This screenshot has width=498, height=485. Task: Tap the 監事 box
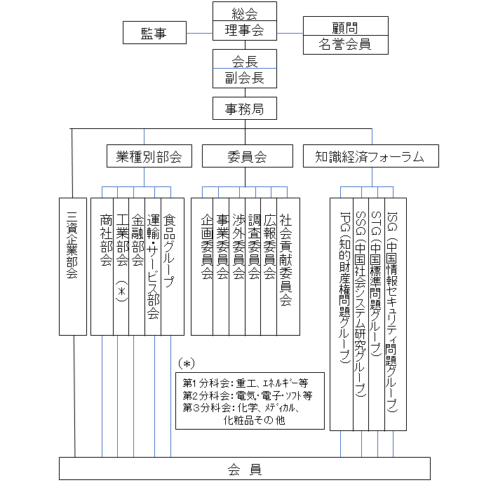click(x=154, y=32)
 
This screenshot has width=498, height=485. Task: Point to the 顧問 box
click(x=345, y=27)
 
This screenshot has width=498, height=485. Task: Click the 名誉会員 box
click(x=345, y=46)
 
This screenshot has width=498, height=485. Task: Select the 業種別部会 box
click(x=149, y=156)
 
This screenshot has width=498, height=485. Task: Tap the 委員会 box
click(x=248, y=156)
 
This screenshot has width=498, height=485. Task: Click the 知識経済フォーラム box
click(x=371, y=156)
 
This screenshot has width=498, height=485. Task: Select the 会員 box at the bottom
click(x=245, y=469)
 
